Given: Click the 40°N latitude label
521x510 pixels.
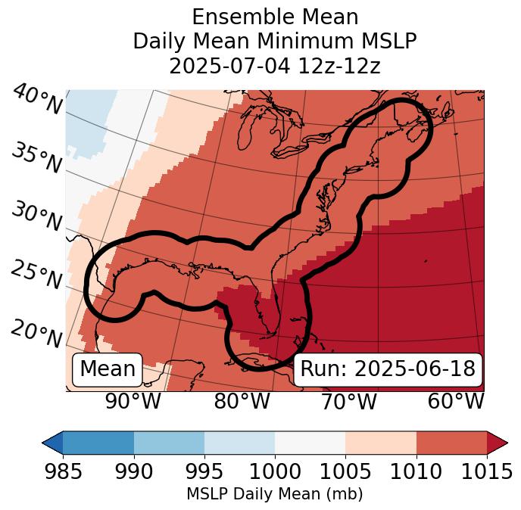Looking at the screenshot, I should [x=36, y=101].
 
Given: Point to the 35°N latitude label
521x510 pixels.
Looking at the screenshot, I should [x=36, y=157].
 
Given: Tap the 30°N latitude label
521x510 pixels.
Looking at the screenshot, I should [x=36, y=217].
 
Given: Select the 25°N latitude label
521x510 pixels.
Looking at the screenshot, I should [x=36, y=275].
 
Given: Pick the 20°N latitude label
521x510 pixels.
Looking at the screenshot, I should [x=36, y=334].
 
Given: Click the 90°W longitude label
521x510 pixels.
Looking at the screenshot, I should [x=133, y=401].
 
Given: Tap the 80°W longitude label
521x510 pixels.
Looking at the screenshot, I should [x=242, y=401].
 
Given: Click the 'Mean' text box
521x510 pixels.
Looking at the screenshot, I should [x=108, y=369].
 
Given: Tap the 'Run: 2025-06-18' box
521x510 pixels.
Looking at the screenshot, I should [x=388, y=369].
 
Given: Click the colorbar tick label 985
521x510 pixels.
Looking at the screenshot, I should [x=63, y=471].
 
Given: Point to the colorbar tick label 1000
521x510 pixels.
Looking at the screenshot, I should [x=275, y=471].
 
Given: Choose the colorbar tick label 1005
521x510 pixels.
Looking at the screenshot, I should [x=345, y=471].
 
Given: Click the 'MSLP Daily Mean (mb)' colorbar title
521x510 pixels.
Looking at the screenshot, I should [x=274, y=494].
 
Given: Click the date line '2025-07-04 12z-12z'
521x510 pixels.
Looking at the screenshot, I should [x=275, y=66].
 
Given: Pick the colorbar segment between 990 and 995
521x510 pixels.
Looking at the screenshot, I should [x=169, y=442].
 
